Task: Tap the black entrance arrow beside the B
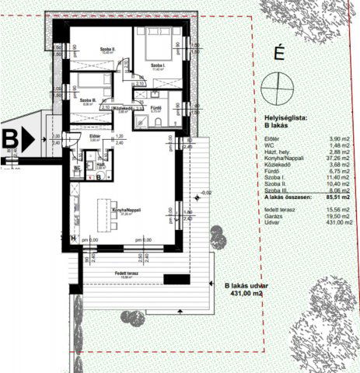(x=29, y=140)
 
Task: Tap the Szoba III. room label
(x=88, y=99)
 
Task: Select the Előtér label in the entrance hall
(x=94, y=137)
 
